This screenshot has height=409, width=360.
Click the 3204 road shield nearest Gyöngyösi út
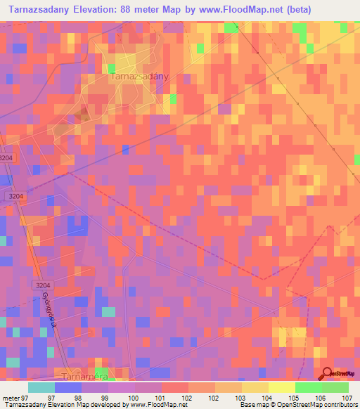(44, 285)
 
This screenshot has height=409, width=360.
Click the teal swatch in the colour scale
(41, 387)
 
